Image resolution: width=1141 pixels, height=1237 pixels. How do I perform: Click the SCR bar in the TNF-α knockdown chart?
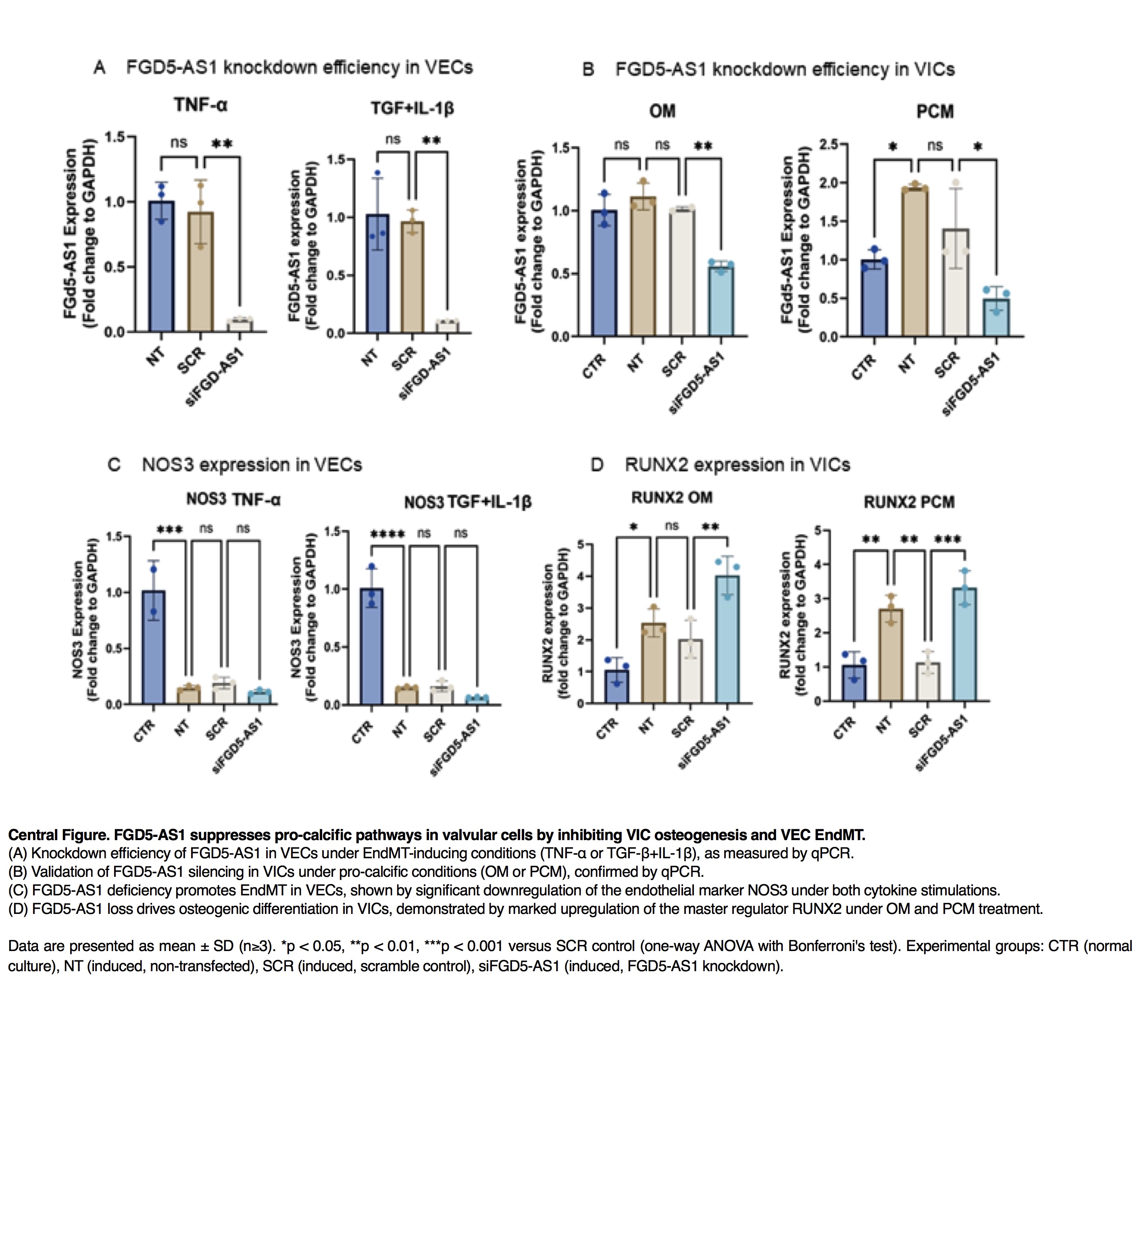201,272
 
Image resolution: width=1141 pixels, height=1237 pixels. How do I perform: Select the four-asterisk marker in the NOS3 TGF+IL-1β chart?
387,534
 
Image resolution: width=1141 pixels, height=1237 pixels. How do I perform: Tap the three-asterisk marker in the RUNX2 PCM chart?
947,540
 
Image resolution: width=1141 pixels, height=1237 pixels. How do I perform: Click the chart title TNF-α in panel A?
201,106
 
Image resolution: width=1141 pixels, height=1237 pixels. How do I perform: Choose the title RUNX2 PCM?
909,502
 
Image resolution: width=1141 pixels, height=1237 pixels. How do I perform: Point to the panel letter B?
588,70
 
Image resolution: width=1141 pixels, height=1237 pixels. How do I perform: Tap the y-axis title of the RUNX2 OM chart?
554,624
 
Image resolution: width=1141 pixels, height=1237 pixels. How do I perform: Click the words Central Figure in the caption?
58,835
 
